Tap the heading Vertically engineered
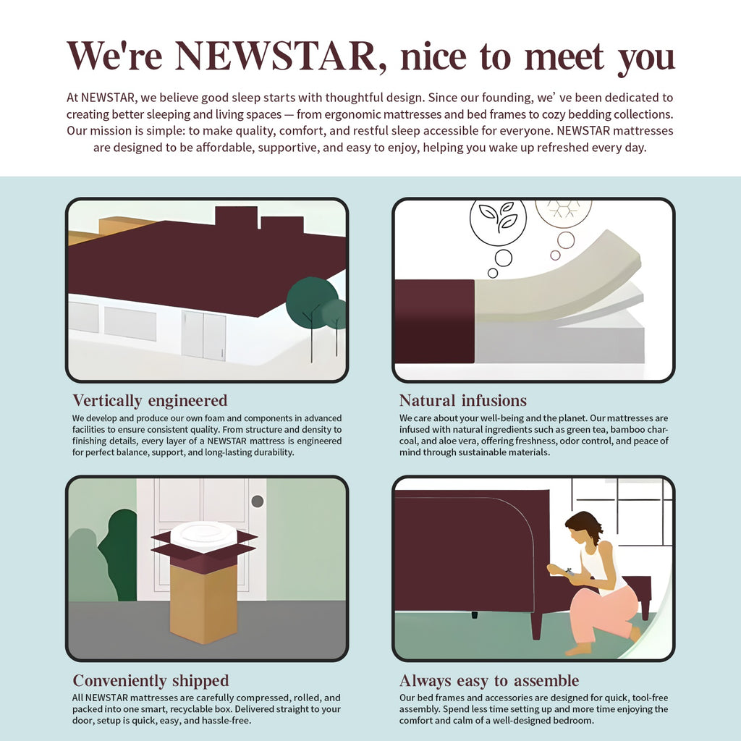[x=150, y=401]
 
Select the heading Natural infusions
[x=462, y=401]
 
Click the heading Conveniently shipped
[x=151, y=680]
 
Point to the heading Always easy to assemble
[x=489, y=680]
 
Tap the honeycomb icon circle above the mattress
[x=563, y=213]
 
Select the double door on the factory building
[x=203, y=334]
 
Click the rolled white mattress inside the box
[x=203, y=536]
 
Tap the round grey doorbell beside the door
[x=257, y=501]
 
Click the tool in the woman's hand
[x=569, y=572]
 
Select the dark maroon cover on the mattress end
[x=434, y=321]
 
